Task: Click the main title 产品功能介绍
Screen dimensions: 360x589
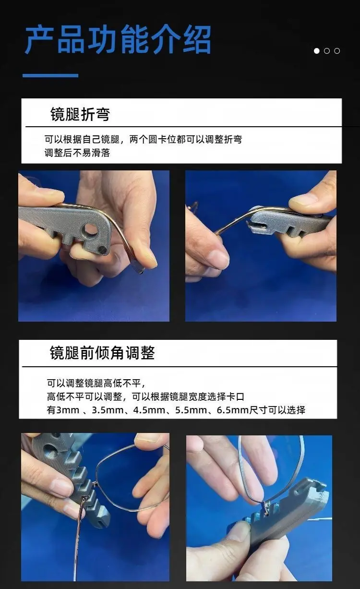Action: [x=118, y=39]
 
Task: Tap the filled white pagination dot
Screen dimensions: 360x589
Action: [x=317, y=51]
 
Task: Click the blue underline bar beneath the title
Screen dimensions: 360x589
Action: [x=50, y=75]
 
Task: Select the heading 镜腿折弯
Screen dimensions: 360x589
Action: [x=80, y=114]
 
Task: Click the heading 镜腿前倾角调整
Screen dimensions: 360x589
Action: [x=102, y=353]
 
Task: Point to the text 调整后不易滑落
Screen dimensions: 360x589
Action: [x=77, y=153]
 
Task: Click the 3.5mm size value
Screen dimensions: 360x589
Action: [x=108, y=410]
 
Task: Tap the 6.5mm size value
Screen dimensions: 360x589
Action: [x=233, y=410]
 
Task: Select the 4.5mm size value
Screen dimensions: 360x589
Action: [x=149, y=410]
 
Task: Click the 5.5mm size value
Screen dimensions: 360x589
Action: [x=191, y=410]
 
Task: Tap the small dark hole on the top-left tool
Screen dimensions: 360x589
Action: [x=102, y=250]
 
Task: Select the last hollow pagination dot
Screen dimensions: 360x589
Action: [x=337, y=51]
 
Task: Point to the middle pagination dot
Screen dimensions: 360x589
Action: [x=327, y=51]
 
